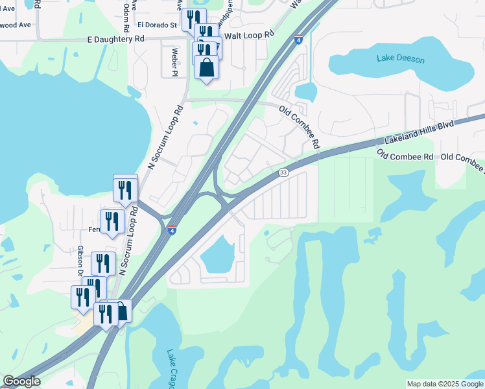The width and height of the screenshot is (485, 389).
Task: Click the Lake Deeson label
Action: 401,59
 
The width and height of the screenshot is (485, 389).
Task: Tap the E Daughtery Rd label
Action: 115,39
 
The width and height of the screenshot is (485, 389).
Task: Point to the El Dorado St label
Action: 157,25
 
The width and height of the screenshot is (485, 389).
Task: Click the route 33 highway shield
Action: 283,172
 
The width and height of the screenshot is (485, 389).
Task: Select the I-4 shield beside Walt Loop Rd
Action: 298,40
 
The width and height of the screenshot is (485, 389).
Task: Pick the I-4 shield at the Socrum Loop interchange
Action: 172,230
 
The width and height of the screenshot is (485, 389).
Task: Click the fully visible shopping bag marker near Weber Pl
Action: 206,67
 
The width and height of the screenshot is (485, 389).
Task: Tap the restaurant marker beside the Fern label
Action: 112,221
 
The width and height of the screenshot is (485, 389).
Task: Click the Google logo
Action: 21,381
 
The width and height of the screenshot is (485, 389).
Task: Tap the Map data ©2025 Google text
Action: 444,384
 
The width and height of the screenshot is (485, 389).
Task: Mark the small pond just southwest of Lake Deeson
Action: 305,92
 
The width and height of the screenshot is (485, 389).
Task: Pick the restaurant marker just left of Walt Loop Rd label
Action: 206,34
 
